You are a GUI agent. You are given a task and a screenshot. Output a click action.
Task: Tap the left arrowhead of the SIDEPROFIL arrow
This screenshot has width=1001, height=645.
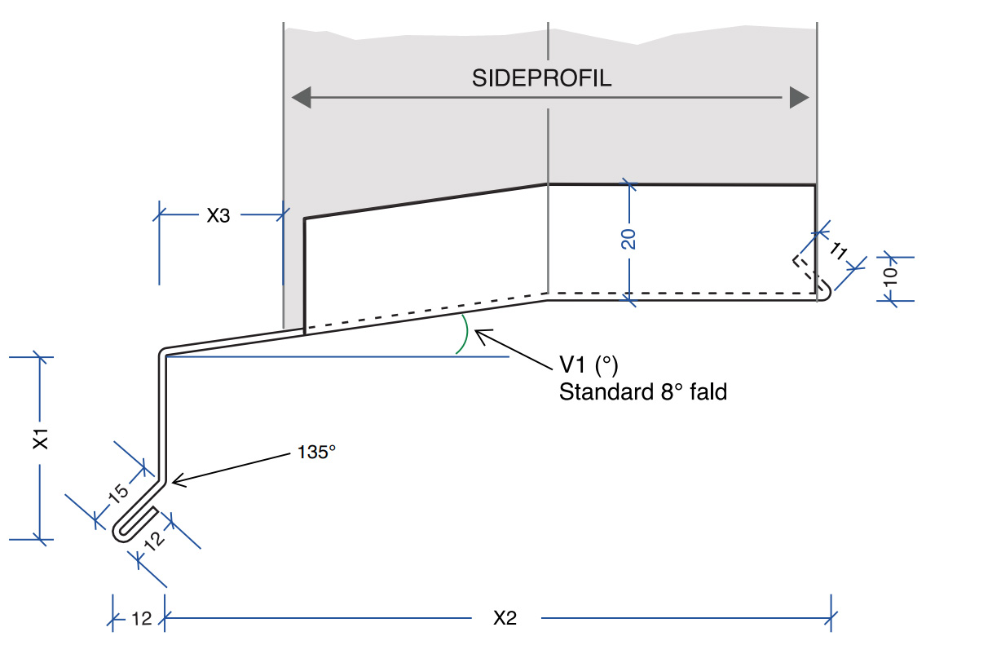point(302,99)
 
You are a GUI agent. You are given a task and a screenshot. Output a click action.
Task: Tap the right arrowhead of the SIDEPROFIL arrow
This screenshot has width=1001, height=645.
point(799,99)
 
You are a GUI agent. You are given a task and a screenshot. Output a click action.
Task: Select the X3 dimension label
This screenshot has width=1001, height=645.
point(218,216)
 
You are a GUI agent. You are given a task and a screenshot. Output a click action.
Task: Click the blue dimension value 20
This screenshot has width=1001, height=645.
point(628,239)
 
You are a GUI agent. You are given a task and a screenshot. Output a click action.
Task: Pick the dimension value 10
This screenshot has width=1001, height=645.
point(890,275)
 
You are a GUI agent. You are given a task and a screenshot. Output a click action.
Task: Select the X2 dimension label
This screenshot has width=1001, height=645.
point(505,618)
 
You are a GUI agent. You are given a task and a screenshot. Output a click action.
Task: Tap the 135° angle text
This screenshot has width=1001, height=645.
point(313,452)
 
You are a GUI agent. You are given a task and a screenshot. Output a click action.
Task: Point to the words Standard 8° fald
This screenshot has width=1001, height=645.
point(642,392)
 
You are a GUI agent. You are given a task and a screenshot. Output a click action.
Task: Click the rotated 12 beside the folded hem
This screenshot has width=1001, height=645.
point(156,537)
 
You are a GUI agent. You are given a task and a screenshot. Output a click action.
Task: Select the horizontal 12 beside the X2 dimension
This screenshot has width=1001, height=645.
point(141,619)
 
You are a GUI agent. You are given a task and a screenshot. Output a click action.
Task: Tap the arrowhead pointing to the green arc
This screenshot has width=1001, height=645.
point(479,332)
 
